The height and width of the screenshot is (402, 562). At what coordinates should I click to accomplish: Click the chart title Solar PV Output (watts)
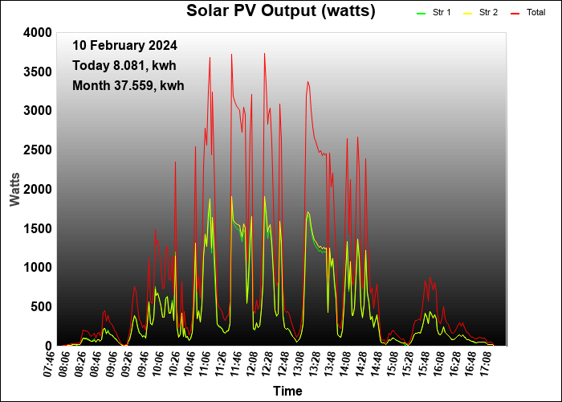point(281,11)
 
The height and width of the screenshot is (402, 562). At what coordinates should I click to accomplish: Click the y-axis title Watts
point(15,188)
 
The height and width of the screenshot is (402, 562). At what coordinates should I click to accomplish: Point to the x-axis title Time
point(287,392)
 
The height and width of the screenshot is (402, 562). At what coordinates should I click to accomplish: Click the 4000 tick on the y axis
point(37,32)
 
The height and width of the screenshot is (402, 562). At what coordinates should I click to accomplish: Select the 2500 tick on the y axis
point(37,150)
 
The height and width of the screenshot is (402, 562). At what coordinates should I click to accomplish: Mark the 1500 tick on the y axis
point(37,228)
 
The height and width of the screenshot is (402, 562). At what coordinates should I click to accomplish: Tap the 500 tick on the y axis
point(40,306)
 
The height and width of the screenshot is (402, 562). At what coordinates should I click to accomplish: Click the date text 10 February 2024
point(124,46)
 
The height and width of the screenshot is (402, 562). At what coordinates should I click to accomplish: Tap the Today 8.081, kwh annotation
point(124,65)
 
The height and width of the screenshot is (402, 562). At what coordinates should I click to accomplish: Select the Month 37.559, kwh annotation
point(128,85)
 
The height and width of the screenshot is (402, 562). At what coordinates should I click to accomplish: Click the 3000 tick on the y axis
point(37,110)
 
